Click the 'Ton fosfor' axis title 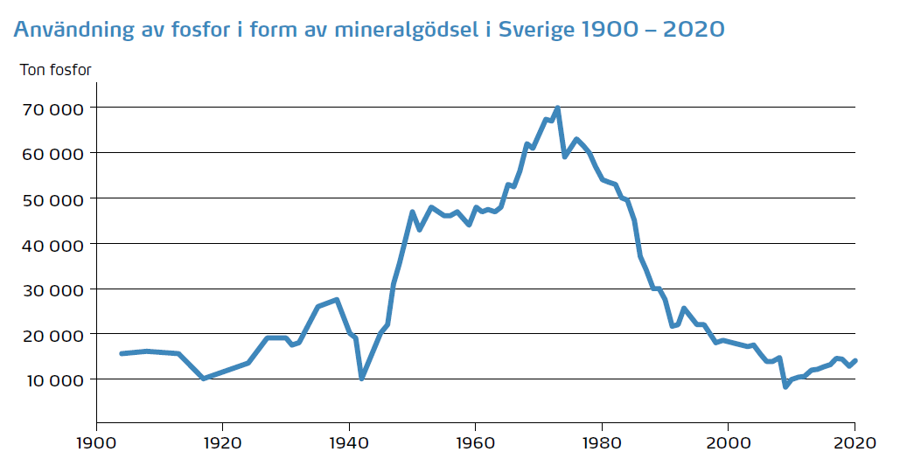tap(55, 69)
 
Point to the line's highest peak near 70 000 tap(557, 108)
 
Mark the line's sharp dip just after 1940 tap(361, 378)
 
